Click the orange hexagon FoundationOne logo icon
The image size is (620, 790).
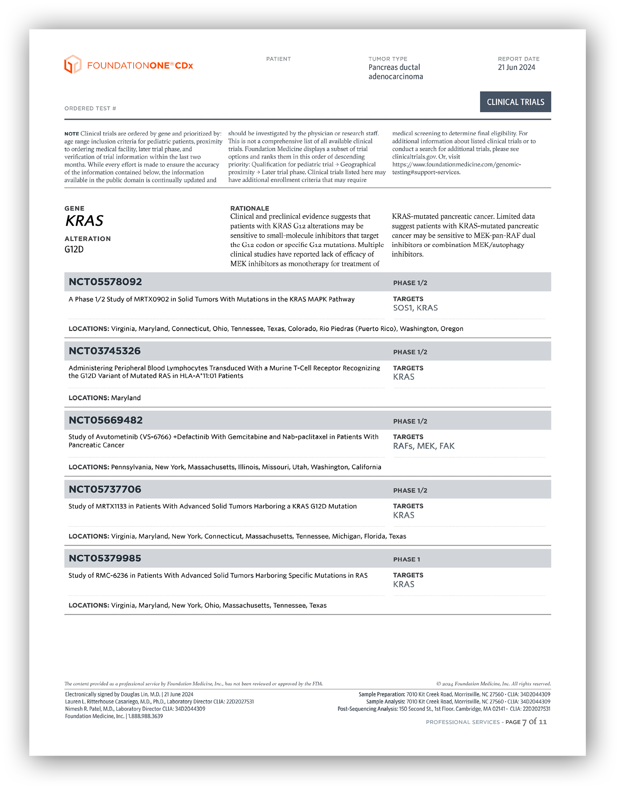[72, 64]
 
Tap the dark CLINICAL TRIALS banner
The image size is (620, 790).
[515, 102]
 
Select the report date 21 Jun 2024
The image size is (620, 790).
[516, 67]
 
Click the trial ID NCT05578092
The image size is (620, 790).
[105, 282]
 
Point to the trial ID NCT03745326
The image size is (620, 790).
[105, 351]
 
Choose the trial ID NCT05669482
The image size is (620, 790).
[105, 420]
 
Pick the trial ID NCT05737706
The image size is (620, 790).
[105, 489]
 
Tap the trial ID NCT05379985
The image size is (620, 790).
[105, 558]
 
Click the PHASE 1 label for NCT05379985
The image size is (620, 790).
[406, 560]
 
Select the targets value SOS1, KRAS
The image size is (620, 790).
[415, 308]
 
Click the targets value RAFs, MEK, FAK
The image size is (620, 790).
[424, 446]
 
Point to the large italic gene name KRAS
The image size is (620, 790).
[84, 221]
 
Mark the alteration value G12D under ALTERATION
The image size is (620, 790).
[74, 249]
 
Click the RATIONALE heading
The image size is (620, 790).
[250, 209]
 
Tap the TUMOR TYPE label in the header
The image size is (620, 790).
[388, 59]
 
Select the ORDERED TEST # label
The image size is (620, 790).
[90, 109]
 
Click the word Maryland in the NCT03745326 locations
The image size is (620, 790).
[126, 398]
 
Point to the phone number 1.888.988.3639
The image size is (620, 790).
[145, 716]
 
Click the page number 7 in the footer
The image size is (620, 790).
[524, 722]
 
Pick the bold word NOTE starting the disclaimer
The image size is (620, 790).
[72, 134]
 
